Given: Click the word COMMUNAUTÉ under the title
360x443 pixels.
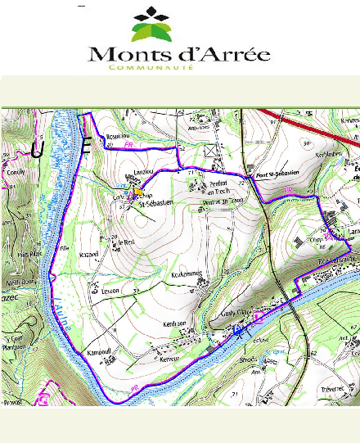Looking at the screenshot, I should coord(151,69).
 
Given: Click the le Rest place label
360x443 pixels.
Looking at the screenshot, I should coord(124,243).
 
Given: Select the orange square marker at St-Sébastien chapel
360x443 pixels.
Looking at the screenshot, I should coord(138,190).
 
